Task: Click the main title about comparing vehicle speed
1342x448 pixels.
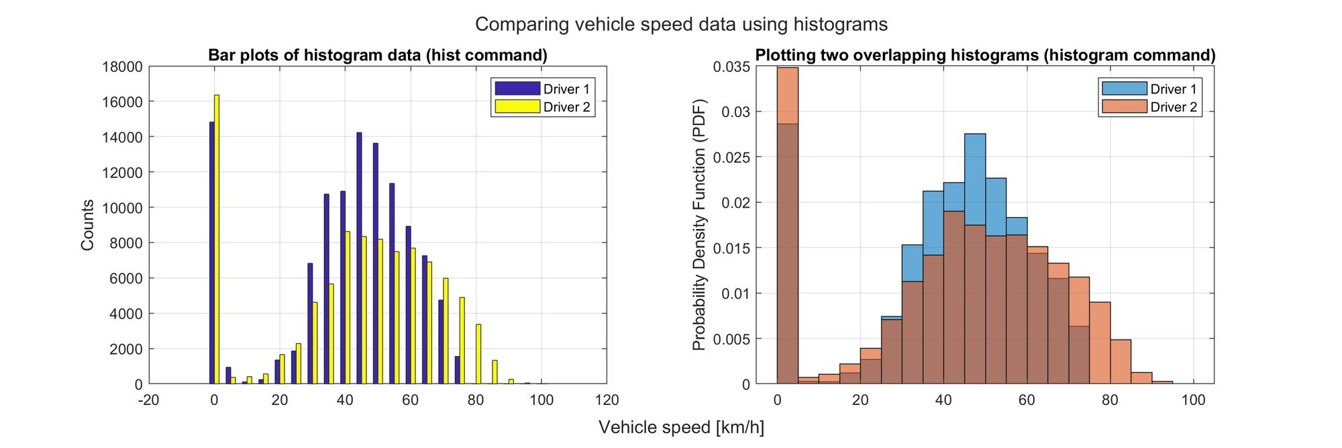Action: [x=681, y=24]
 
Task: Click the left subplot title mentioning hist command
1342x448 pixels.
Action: [x=377, y=55]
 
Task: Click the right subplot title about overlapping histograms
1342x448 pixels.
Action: [x=985, y=55]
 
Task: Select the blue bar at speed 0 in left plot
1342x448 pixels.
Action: [x=212, y=255]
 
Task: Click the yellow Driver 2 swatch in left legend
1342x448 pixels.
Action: [x=517, y=107]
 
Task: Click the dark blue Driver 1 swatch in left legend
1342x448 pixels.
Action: [x=517, y=89]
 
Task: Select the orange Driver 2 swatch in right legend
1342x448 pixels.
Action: [x=1125, y=107]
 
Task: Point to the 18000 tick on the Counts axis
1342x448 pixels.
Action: [x=122, y=66]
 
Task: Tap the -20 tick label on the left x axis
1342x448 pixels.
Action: [x=148, y=400]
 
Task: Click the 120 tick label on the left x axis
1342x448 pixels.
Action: [x=607, y=400]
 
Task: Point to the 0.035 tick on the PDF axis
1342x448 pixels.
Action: [x=731, y=66]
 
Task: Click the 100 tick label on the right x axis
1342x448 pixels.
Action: [x=1193, y=400]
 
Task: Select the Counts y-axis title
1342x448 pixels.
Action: [x=87, y=225]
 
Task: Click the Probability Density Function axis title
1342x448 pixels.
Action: [x=699, y=225]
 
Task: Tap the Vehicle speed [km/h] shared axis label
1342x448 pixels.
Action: [x=681, y=427]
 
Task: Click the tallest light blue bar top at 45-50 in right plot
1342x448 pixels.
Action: [x=975, y=138]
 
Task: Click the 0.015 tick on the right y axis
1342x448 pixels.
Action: [x=731, y=248]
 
